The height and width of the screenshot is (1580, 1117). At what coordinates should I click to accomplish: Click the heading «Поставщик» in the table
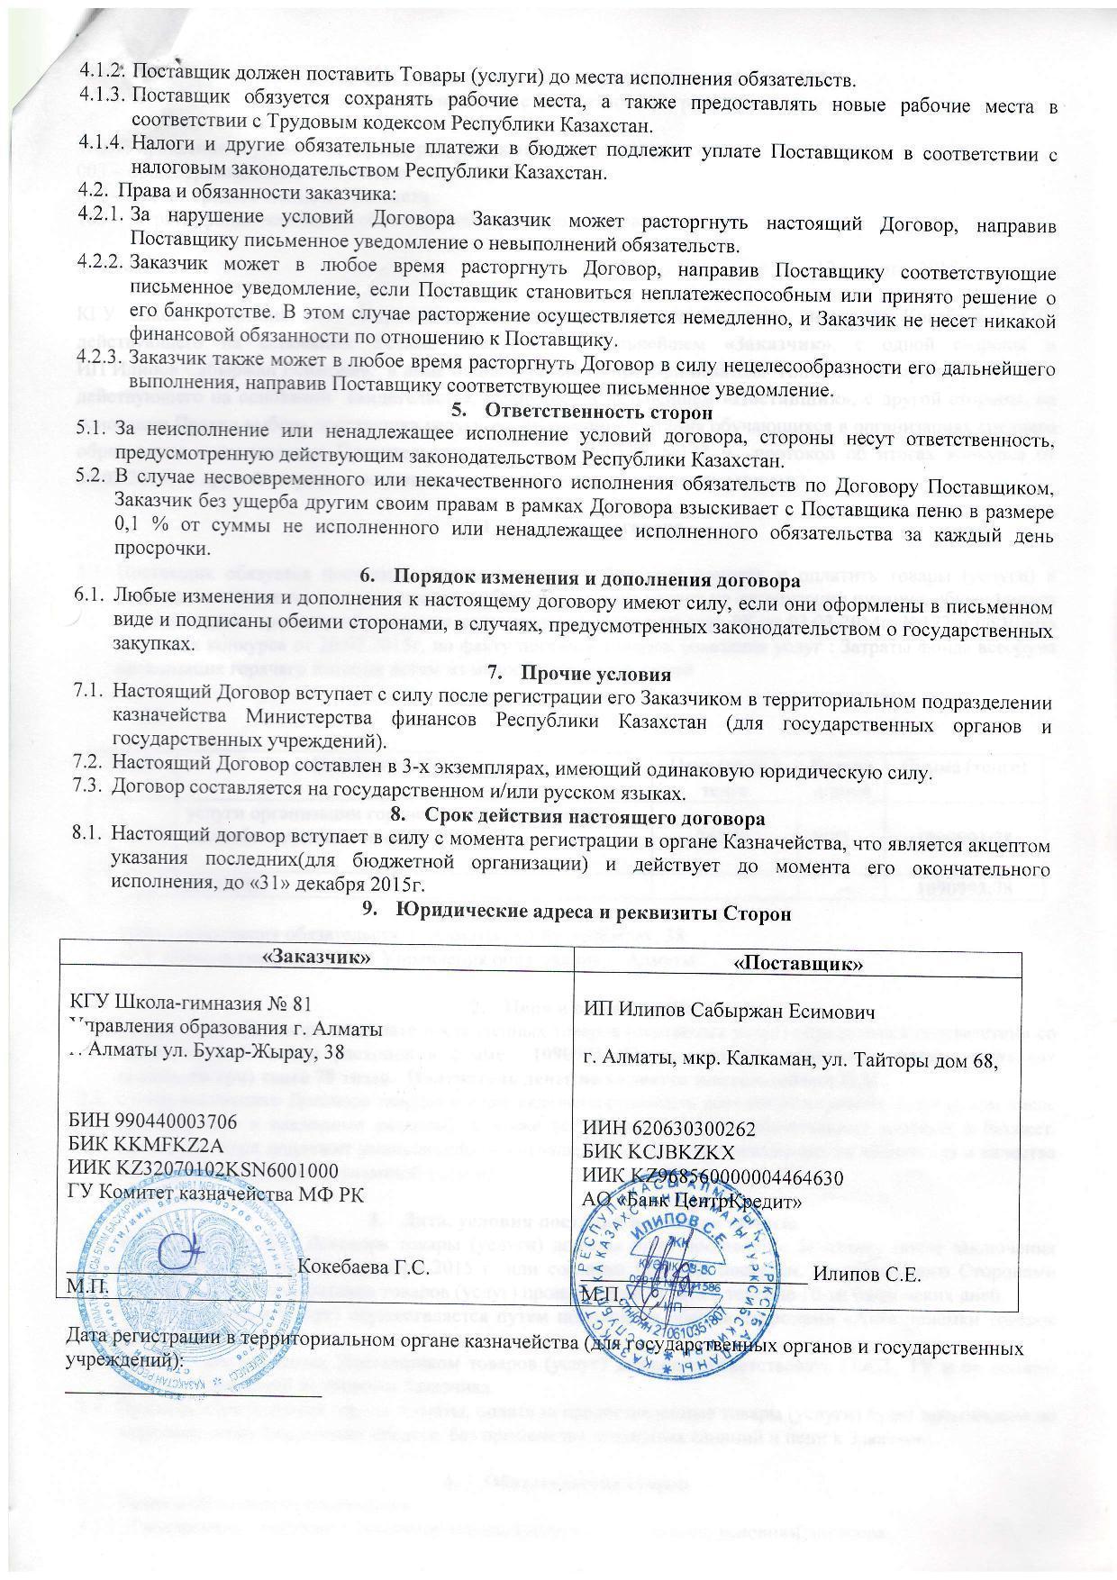pos(800,963)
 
